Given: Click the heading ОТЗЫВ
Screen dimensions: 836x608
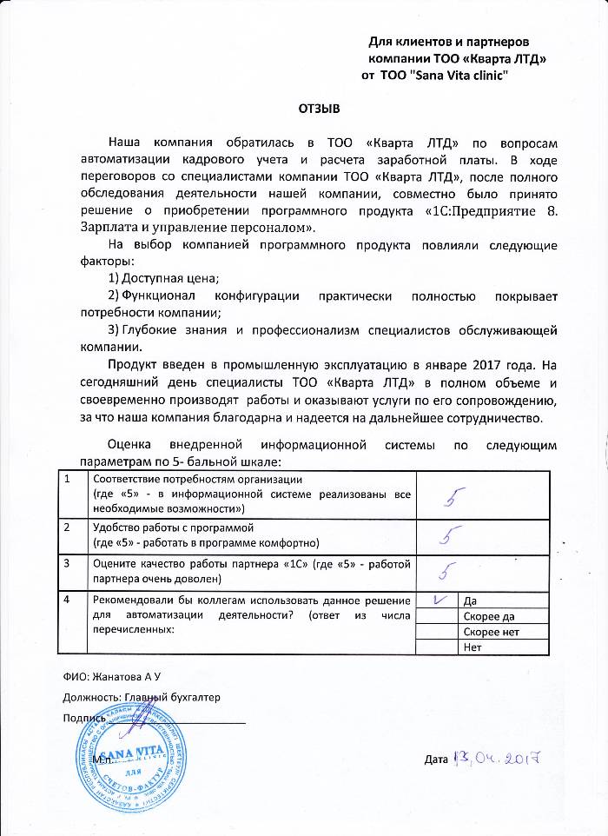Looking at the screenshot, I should coord(314,109).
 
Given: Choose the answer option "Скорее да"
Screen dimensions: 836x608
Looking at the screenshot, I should coord(491,616).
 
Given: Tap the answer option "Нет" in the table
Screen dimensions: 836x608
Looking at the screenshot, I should coord(473,647).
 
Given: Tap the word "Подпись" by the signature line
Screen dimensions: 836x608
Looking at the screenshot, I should coord(84,718).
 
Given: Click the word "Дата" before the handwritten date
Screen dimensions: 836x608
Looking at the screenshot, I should coord(436,760).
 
